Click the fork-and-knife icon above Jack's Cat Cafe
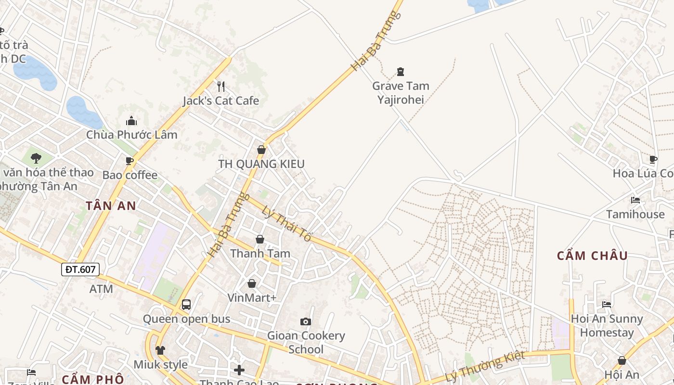point(221,87)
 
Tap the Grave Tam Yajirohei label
point(401,93)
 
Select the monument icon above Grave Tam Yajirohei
point(401,72)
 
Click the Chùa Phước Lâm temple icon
point(131,121)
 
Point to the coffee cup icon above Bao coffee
point(130,161)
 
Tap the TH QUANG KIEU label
point(261,164)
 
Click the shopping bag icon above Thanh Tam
point(260,239)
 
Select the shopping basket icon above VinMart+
point(252,283)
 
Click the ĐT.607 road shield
point(80,269)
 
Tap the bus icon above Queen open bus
point(186,305)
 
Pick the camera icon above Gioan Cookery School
point(306,321)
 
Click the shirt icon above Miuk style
point(160,350)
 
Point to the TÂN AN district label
point(111,206)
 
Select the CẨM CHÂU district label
point(592,256)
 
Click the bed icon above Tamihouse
point(635,200)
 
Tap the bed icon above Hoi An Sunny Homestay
point(607,304)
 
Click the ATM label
point(101,289)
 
